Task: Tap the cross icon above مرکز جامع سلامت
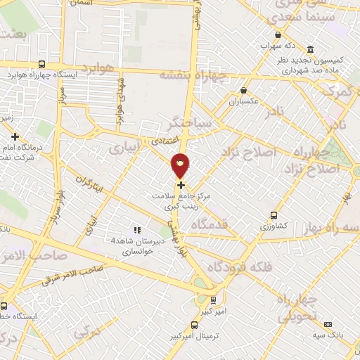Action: click(181, 185)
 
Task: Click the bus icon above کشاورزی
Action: click(274, 215)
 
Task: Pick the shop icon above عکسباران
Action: click(244, 90)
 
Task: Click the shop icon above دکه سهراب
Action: click(279, 35)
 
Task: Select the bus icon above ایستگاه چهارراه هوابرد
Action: click(43, 63)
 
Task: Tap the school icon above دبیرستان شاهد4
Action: click(137, 230)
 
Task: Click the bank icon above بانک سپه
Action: click(328, 324)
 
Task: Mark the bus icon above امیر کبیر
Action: click(213, 299)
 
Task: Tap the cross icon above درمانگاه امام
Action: click(15, 136)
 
